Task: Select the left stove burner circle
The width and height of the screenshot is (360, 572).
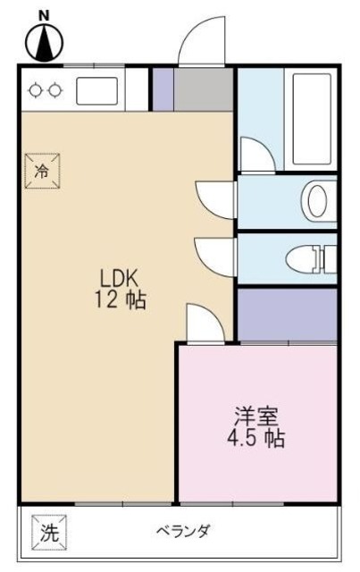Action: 36,89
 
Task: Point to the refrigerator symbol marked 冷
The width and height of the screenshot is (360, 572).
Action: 41,170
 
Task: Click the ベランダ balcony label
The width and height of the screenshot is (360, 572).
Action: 183,532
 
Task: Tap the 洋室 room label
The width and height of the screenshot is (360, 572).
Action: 256,416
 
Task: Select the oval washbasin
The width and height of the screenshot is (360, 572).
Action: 317,200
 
